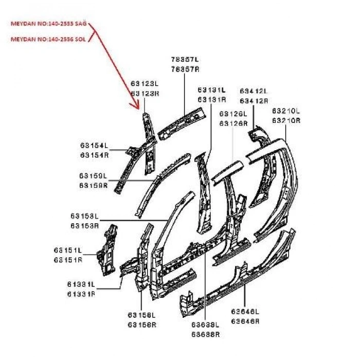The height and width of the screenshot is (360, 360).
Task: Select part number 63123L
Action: pyautogui.click(x=145, y=83)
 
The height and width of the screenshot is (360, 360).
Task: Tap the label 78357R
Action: pyautogui.click(x=185, y=68)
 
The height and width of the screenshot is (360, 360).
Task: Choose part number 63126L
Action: pyautogui.click(x=233, y=114)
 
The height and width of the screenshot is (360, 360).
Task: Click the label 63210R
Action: pyautogui.click(x=285, y=120)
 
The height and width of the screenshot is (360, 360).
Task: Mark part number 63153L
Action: pyautogui.click(x=84, y=217)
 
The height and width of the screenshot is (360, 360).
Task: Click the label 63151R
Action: pyautogui.click(x=68, y=260)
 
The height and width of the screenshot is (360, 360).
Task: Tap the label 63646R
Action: pyautogui.click(x=245, y=321)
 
